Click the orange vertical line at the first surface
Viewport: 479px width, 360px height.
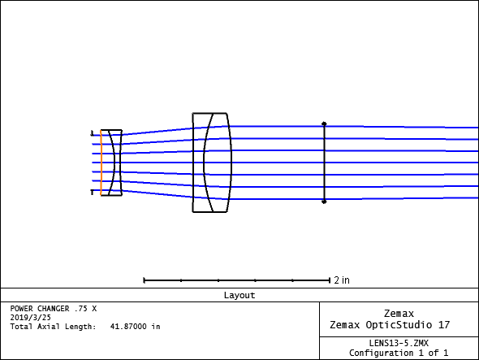101,163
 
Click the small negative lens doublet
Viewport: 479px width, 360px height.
111,163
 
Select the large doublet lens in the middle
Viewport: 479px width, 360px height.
212,163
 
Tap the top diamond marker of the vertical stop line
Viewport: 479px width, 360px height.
324,124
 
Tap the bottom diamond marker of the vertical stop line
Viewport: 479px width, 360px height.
324,202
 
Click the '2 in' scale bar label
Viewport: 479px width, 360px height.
342,280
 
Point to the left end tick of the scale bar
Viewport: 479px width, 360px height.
145,280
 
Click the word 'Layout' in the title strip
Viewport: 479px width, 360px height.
239,295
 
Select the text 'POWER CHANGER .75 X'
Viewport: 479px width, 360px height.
54,309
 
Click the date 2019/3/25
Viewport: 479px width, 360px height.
31,318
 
